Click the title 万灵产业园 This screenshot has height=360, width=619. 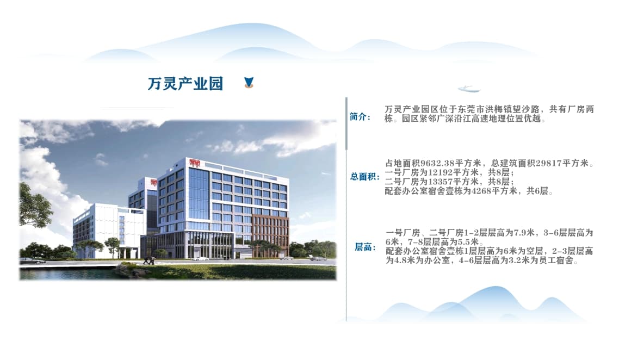[185, 84]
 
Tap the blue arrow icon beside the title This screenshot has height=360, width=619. [249, 82]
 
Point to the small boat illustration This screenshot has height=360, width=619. [469, 88]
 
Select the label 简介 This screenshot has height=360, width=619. [360, 117]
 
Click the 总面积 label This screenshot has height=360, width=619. [365, 176]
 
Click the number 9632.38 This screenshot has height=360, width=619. [437, 163]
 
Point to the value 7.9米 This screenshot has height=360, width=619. [524, 233]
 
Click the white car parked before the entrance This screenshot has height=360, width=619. [201, 258]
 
